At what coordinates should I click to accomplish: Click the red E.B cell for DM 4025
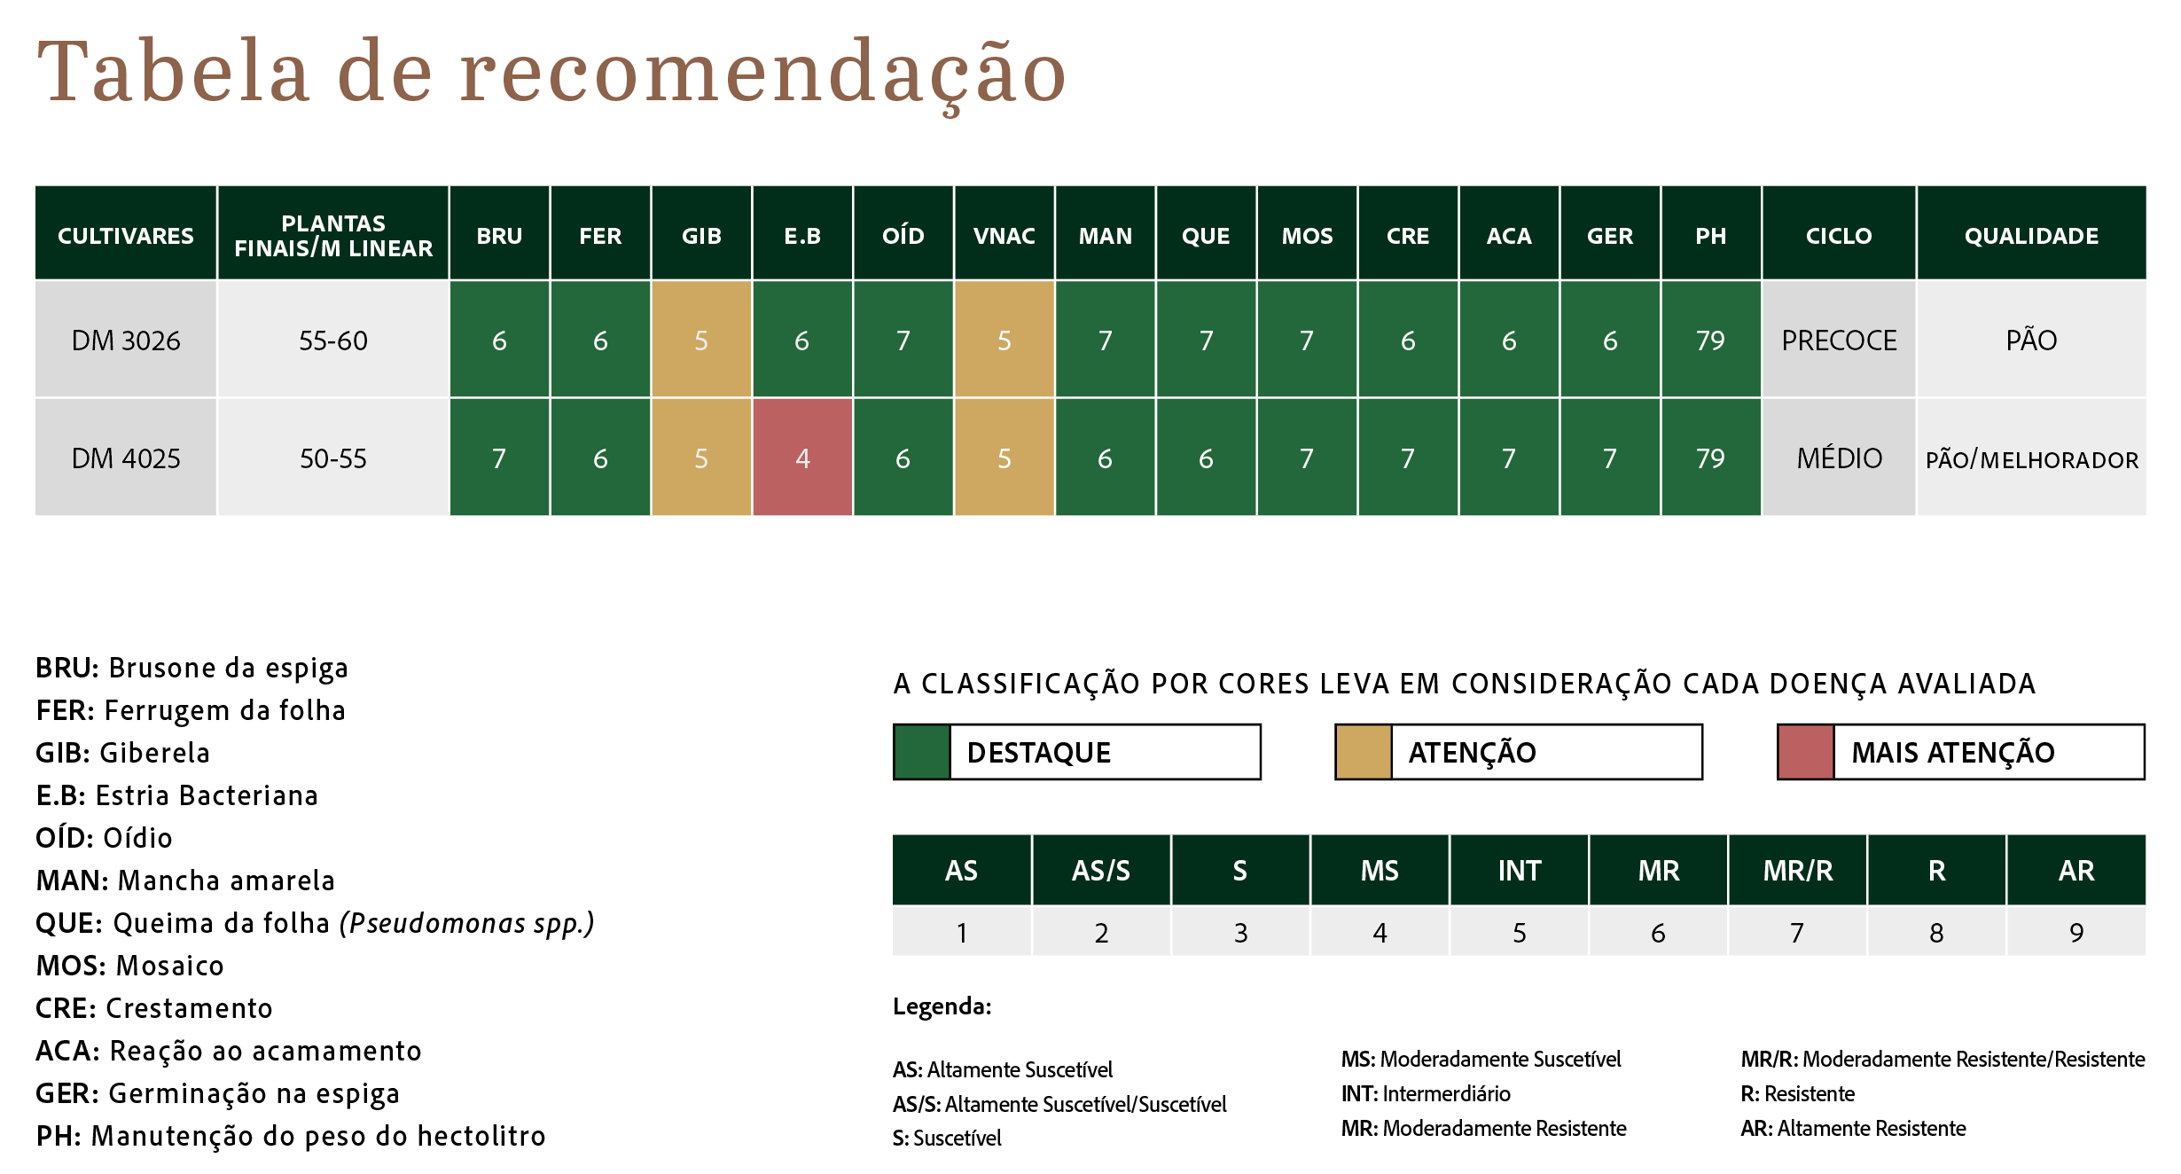click(802, 458)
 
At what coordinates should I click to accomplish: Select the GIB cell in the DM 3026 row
click(701, 340)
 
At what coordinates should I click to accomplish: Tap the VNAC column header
click(1005, 236)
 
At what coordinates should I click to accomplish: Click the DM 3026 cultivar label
click(126, 340)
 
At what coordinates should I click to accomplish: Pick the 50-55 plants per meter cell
click(333, 458)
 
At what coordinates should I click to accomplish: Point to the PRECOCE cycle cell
click(1839, 340)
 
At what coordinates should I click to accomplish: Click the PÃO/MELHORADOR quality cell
click(2032, 458)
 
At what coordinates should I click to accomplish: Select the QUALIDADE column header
click(2032, 236)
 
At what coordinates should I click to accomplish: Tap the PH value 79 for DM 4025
click(1711, 458)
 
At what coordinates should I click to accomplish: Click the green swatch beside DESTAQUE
click(922, 752)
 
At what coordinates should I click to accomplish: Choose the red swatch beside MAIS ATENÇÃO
click(1806, 752)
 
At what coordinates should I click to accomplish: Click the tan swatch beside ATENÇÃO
click(1364, 752)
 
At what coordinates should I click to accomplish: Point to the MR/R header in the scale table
click(1798, 870)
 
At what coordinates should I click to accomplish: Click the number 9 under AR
click(2076, 932)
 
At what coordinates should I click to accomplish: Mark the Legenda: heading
click(942, 1006)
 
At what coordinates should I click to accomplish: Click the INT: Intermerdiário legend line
click(1426, 1093)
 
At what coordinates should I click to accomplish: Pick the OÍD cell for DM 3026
click(903, 340)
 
